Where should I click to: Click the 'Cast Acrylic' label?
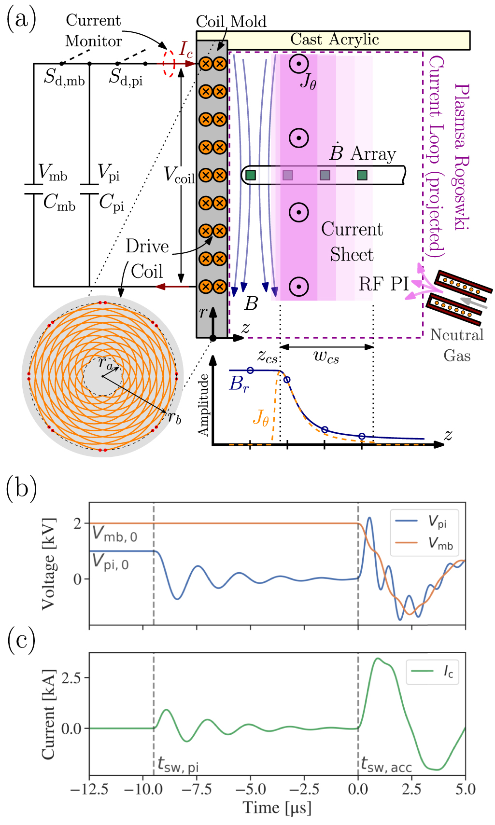point(334,40)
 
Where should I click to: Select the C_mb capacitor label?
point(59,203)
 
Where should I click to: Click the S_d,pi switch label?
point(126,77)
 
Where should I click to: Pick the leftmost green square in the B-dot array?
point(250,175)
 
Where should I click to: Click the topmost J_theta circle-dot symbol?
point(298,64)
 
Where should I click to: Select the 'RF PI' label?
point(383,284)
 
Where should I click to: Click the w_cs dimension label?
point(326,357)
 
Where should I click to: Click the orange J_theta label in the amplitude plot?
point(261,417)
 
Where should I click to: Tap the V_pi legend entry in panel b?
point(437,522)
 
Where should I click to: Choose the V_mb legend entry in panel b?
point(439,544)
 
